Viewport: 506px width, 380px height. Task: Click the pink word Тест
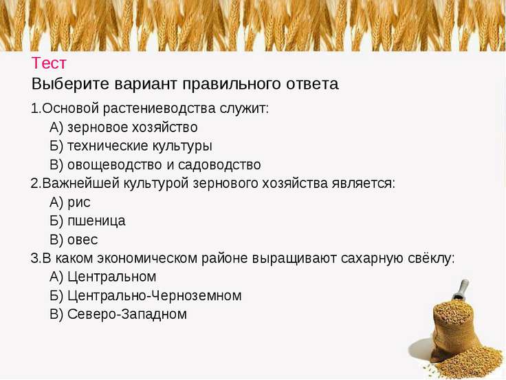[49, 63]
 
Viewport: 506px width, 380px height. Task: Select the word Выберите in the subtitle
[70, 84]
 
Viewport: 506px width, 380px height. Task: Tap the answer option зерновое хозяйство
[132, 127]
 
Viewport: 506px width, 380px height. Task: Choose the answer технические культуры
[140, 146]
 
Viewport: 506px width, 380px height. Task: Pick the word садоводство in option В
[219, 165]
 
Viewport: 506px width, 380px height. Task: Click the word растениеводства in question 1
[159, 108]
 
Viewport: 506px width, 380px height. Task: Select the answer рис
[79, 202]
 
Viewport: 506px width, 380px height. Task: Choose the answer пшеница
[96, 221]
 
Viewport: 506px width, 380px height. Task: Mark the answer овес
[82, 240]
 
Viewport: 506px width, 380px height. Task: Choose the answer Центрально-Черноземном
[154, 295]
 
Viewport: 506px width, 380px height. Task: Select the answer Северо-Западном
[126, 314]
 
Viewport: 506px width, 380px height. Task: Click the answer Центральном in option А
[111, 277]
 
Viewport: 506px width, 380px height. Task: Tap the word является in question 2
[364, 184]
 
